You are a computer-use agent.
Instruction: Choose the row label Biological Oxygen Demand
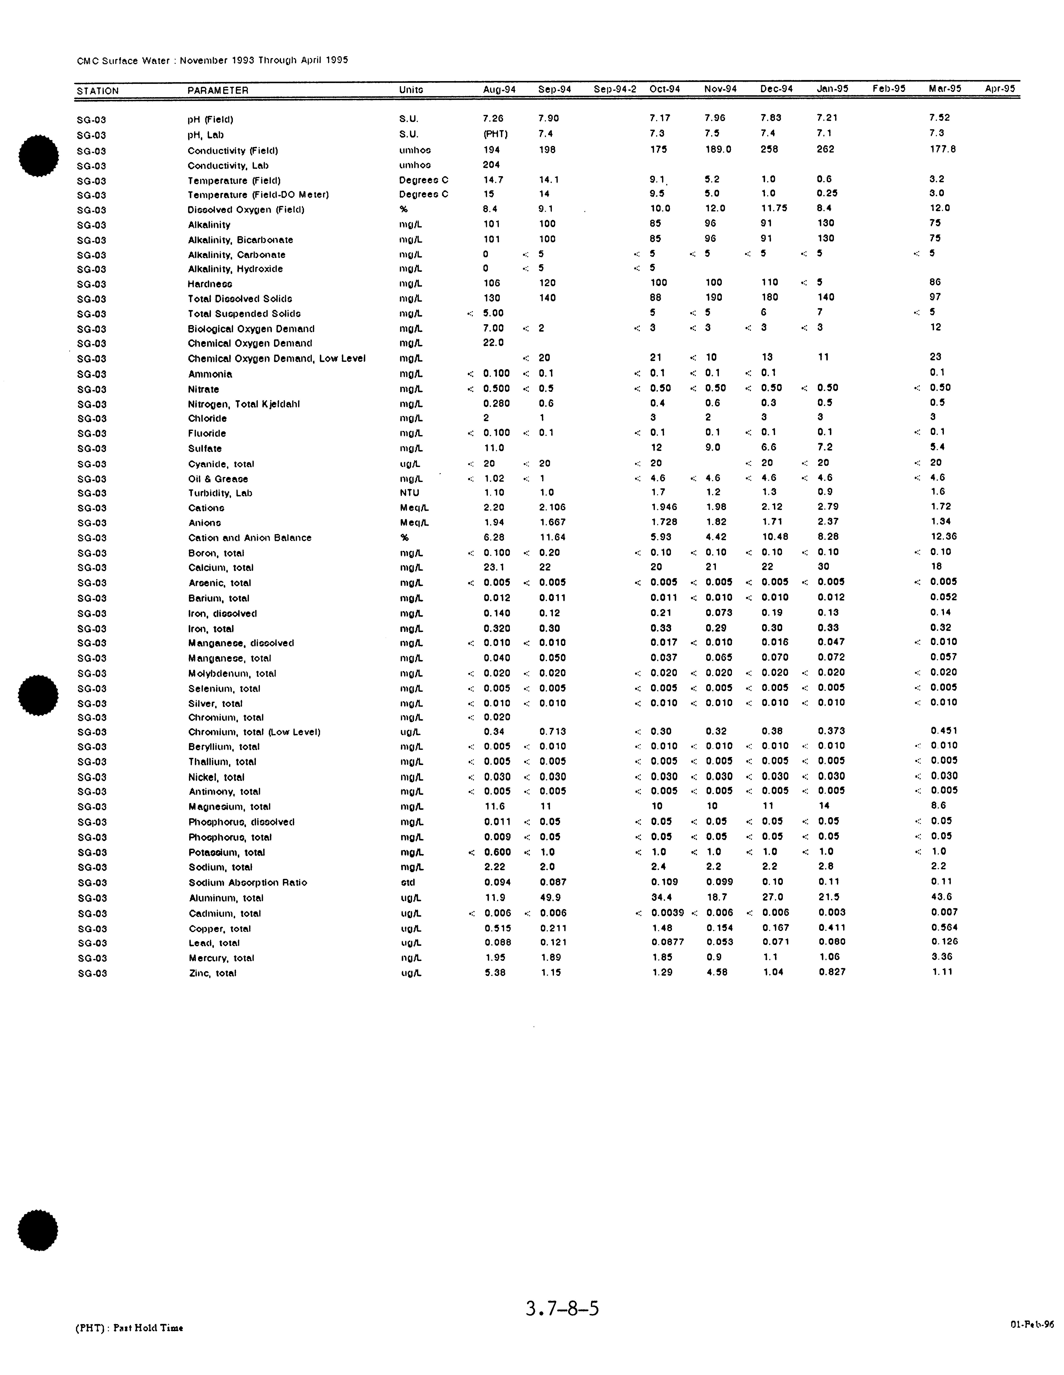251,329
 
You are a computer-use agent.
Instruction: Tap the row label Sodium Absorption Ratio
248,883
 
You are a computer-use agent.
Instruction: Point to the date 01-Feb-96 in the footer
1032,1324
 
